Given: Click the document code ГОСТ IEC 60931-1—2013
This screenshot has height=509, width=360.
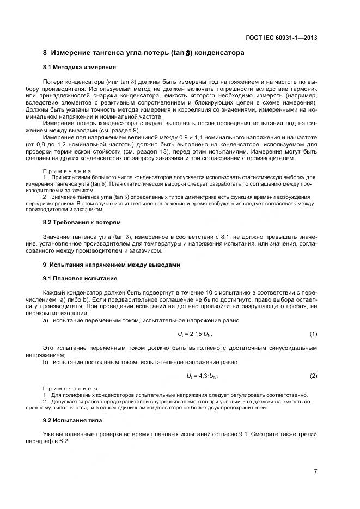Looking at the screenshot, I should [x=282, y=38].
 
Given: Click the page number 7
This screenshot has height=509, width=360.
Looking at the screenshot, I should [x=315, y=471].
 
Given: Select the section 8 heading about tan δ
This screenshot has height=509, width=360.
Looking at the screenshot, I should [x=143, y=53].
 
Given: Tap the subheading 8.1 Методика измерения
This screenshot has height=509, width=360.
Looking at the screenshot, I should [x=79, y=68].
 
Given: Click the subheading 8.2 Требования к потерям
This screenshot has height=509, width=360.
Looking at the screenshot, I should [x=82, y=223].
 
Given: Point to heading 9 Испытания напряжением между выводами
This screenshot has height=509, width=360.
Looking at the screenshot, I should [x=112, y=265].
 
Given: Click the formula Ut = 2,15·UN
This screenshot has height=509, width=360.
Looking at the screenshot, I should [x=194, y=333].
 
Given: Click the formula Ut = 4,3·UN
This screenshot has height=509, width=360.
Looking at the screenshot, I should [x=194, y=376].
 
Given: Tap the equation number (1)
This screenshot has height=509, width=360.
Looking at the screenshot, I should [x=313, y=333].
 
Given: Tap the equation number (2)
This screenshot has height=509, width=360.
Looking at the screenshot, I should [x=313, y=376].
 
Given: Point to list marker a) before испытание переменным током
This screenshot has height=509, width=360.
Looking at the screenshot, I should [x=46, y=320].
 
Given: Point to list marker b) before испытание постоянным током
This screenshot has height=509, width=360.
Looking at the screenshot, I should [x=46, y=362].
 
